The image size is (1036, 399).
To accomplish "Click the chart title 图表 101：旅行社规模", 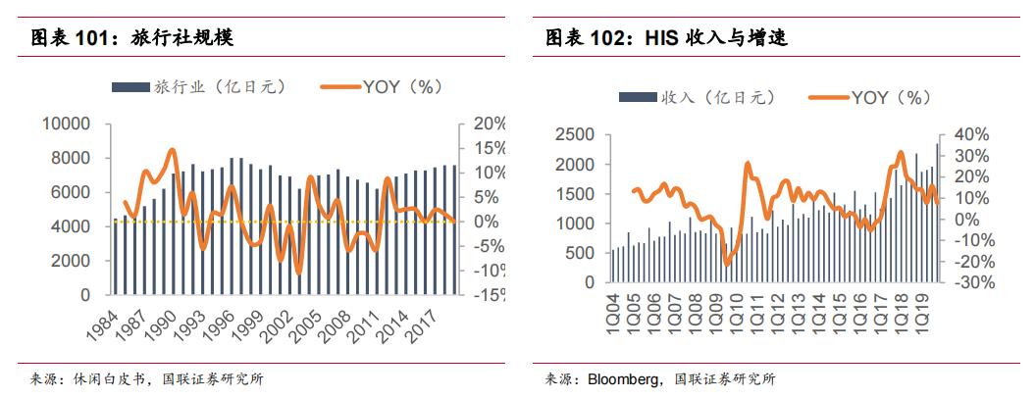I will point(131,39).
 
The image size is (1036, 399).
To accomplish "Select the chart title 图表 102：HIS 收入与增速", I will point(667,39).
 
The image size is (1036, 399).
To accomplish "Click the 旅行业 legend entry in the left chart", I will point(201,86).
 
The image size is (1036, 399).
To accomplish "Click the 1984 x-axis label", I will point(100,320).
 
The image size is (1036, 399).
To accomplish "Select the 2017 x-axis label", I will point(437,320).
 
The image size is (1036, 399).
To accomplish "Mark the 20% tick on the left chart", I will point(487,124).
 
